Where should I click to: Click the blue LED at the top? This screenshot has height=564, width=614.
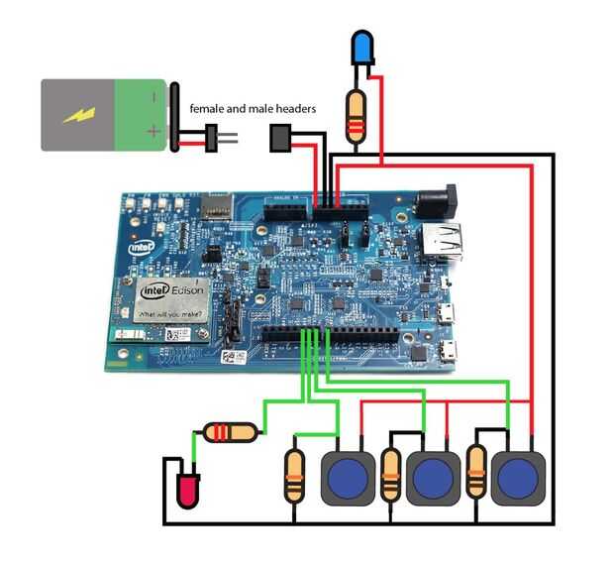coord(362,47)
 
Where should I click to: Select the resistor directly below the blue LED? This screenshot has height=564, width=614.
coord(356,112)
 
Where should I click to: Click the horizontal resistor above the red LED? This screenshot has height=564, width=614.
coord(230,431)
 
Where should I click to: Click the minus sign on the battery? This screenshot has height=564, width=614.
coord(153,97)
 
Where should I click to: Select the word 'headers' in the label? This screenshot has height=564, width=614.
coord(293,109)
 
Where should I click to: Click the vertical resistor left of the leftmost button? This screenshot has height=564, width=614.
coord(294,475)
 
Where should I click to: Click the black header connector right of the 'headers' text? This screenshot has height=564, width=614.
coord(280,139)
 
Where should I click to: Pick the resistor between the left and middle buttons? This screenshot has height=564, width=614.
coord(391,475)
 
